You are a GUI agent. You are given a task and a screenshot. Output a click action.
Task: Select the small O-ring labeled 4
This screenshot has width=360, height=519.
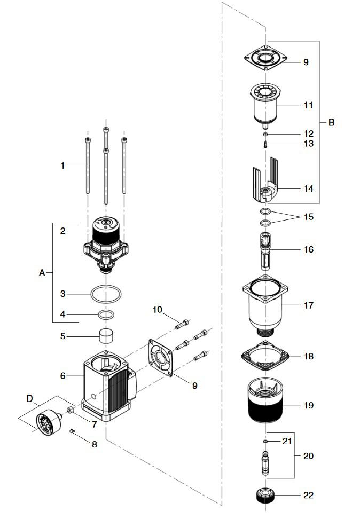click(106, 314)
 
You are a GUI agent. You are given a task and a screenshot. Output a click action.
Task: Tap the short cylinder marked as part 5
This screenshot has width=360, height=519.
click(106, 337)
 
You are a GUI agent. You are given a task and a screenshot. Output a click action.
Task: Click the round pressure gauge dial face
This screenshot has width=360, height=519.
click(45, 424)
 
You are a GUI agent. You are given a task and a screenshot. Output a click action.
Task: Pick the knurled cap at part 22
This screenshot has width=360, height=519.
click(265, 496)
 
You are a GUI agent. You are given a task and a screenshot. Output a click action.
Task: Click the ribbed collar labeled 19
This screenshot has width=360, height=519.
click(265, 406)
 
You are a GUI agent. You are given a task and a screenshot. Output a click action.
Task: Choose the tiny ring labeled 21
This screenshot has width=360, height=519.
click(265, 442)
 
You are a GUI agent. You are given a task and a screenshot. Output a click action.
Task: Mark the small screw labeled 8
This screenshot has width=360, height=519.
click(74, 431)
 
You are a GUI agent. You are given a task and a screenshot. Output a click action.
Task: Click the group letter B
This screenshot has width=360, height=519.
click(331, 123)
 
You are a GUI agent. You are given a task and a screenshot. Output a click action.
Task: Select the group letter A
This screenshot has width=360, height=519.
click(42, 273)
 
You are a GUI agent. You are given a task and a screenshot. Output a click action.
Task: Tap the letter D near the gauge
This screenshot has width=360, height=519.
click(29, 398)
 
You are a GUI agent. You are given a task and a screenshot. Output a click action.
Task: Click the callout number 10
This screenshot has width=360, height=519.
click(157, 310)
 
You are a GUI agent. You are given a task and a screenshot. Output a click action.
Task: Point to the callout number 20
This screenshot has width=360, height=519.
click(308, 456)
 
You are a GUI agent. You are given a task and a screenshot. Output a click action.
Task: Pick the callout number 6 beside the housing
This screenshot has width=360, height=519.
click(62, 376)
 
